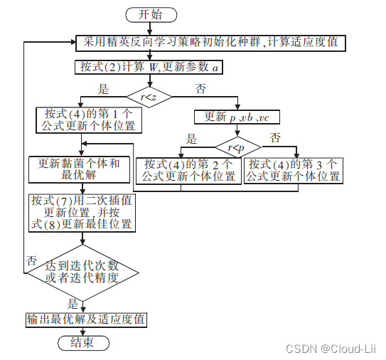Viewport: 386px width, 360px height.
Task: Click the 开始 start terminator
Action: [x=151, y=14]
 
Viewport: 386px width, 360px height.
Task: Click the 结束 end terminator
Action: [x=82, y=343]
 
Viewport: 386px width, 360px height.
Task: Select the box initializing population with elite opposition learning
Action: [x=210, y=42]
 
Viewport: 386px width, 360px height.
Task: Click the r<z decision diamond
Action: [x=149, y=95]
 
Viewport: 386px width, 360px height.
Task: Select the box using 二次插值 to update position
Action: [x=82, y=212]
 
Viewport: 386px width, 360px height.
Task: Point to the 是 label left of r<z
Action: [x=103, y=89]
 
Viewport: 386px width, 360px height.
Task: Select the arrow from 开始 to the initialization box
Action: [x=151, y=28]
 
